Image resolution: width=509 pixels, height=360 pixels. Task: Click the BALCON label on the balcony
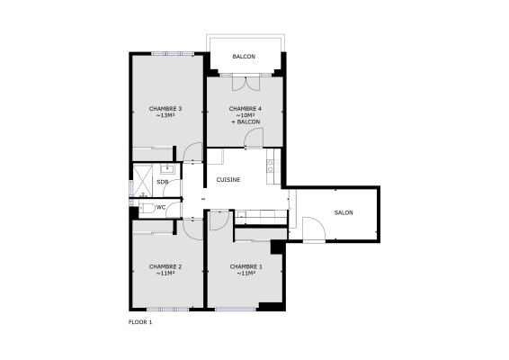pyautogui.click(x=243, y=57)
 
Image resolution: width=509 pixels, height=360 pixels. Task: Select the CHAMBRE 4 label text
pyautogui.click(x=244, y=108)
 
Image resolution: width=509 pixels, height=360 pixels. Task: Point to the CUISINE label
pyautogui.click(x=228, y=179)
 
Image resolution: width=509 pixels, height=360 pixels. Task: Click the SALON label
pyautogui.click(x=343, y=213)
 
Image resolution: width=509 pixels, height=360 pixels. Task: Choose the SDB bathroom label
pyautogui.click(x=162, y=183)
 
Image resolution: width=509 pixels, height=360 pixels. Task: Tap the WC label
pyautogui.click(x=160, y=207)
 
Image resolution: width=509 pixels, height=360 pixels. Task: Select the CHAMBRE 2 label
pyautogui.click(x=165, y=266)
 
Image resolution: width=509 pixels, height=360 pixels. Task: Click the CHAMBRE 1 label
pyautogui.click(x=246, y=266)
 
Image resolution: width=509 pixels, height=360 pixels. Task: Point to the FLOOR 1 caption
pyautogui.click(x=140, y=321)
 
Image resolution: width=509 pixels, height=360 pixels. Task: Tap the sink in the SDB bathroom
pyautogui.click(x=166, y=167)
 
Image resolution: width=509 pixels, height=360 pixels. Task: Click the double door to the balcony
pyautogui.click(x=244, y=85)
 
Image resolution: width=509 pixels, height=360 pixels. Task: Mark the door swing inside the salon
pyautogui.click(x=312, y=230)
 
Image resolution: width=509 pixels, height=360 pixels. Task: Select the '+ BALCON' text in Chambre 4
pyautogui.click(x=244, y=121)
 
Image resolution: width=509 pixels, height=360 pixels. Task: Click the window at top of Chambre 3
pyautogui.click(x=172, y=54)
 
